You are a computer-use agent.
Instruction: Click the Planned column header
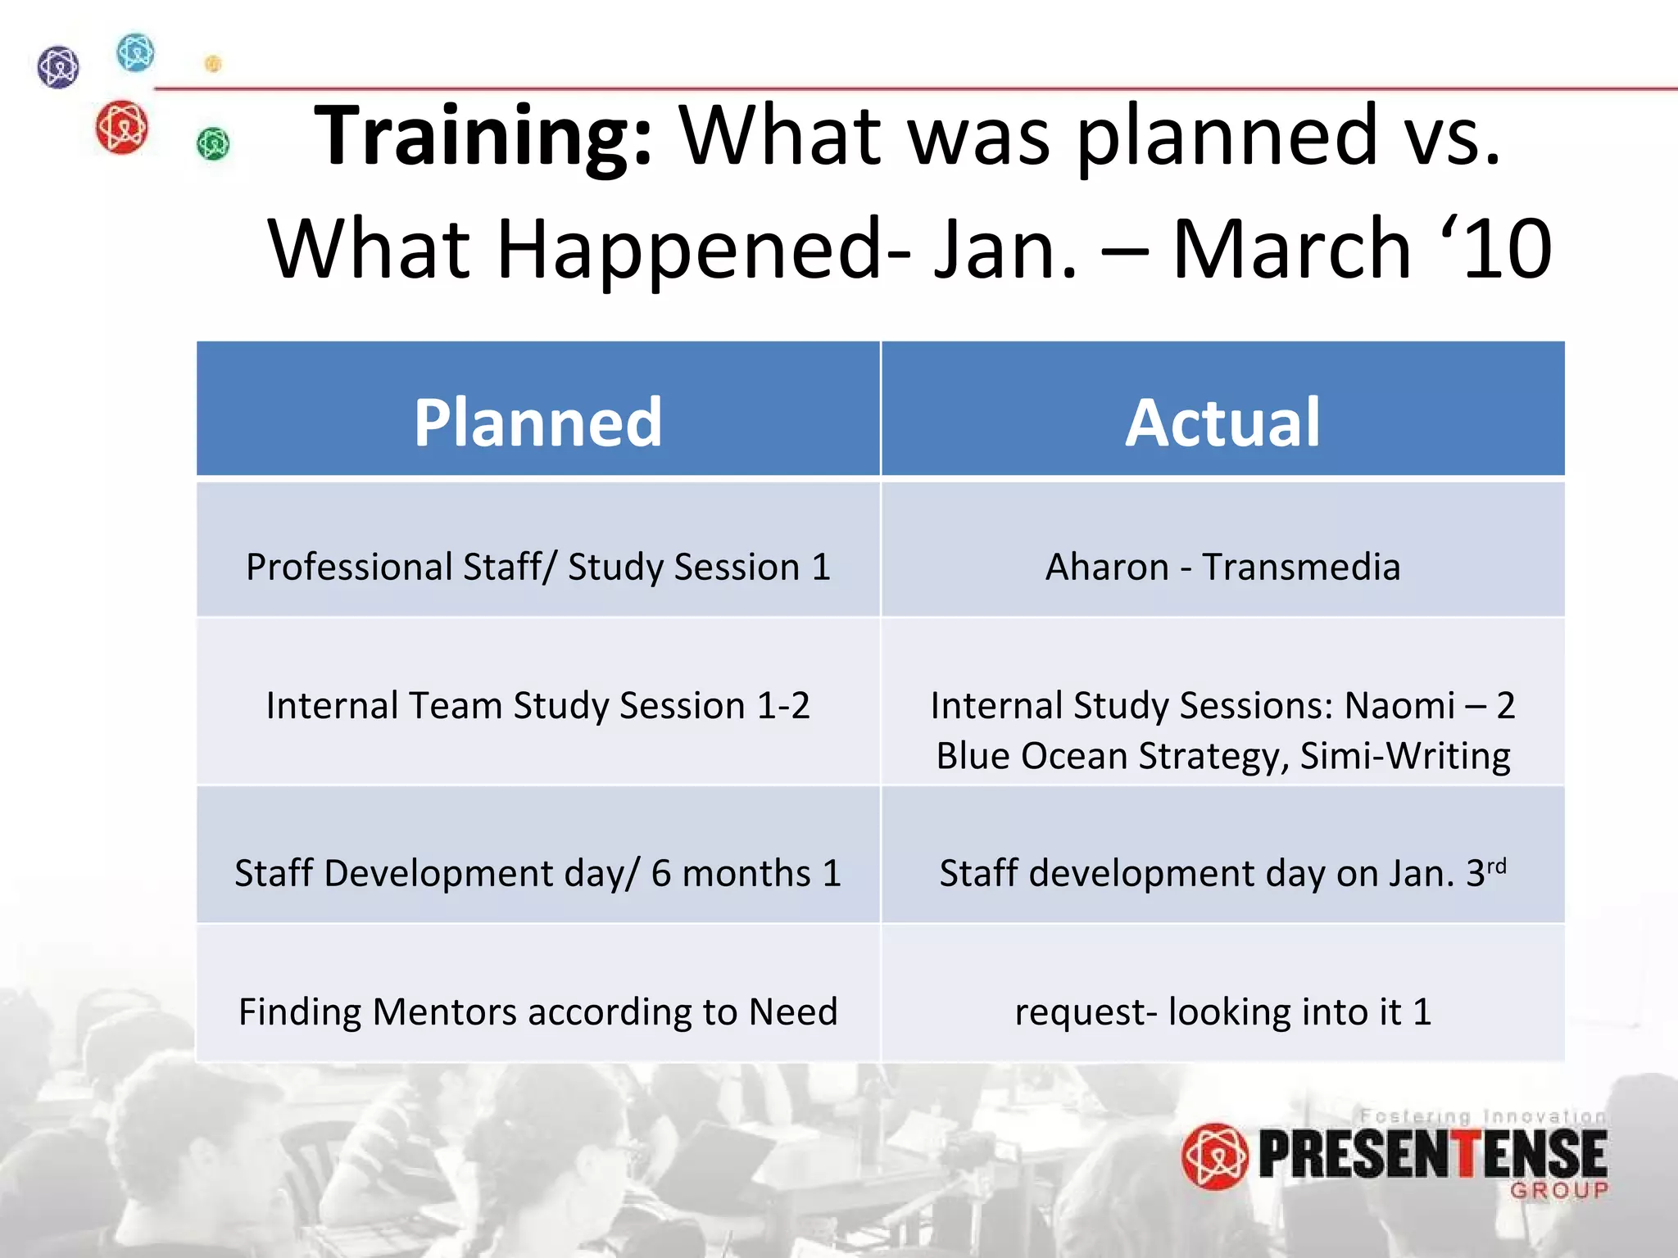pyautogui.click(x=537, y=423)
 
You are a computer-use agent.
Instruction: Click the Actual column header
pyautogui.click(x=1222, y=423)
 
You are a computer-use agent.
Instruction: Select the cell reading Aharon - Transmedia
pyautogui.click(x=1222, y=567)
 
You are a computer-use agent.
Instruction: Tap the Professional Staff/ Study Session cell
pyautogui.click(x=537, y=567)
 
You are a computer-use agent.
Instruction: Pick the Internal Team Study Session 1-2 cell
pyautogui.click(x=537, y=706)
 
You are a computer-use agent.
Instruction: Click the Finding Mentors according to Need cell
pyautogui.click(x=537, y=1012)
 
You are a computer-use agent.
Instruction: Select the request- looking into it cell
pyautogui.click(x=1222, y=1012)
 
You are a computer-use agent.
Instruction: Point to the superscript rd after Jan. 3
pyautogui.click(x=1496, y=867)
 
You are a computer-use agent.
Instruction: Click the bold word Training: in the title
pyautogui.click(x=483, y=136)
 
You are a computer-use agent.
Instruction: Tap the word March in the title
pyautogui.click(x=1291, y=249)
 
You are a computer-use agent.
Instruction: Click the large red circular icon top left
pyautogui.click(x=121, y=127)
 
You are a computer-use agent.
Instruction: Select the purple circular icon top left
pyautogui.click(x=58, y=66)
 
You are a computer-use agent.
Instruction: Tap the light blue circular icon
pyautogui.click(x=135, y=53)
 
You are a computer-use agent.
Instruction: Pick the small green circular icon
pyautogui.click(x=213, y=144)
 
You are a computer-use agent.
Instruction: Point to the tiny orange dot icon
pyautogui.click(x=213, y=63)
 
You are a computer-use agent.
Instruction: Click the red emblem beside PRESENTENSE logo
pyautogui.click(x=1214, y=1156)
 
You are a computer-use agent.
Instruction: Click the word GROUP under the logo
pyautogui.click(x=1558, y=1190)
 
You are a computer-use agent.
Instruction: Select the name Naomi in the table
pyautogui.click(x=1399, y=706)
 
